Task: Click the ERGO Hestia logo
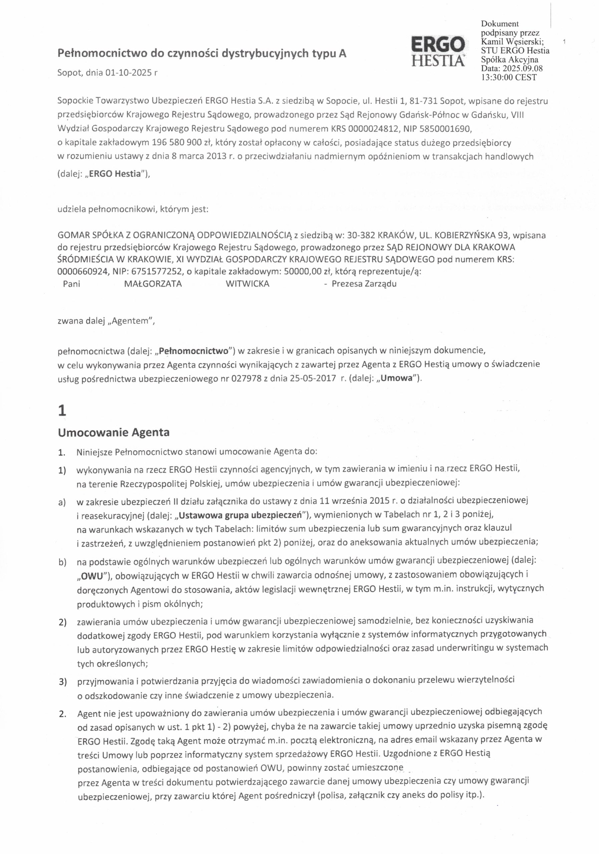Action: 437,51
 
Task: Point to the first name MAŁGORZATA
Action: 153,284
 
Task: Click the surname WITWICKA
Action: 247,284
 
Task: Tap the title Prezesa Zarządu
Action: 364,284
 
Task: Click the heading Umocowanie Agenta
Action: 113,432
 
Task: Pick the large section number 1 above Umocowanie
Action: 62,411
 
